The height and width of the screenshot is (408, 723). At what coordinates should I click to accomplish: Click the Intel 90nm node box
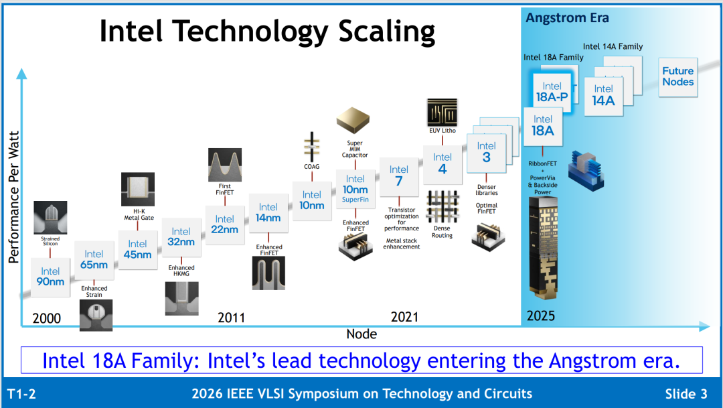[x=50, y=277]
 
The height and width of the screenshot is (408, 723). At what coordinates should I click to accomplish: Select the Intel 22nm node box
[x=224, y=225]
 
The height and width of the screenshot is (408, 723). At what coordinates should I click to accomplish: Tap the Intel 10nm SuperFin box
[x=355, y=189]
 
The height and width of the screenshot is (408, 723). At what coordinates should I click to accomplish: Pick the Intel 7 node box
[x=399, y=176]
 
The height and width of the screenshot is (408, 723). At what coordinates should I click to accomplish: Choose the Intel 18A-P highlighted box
[x=552, y=92]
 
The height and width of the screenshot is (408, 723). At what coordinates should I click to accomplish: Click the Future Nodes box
[x=677, y=77]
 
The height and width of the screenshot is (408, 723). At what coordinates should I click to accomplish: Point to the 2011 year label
[x=231, y=318]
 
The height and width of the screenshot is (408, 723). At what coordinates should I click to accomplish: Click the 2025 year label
[x=541, y=316]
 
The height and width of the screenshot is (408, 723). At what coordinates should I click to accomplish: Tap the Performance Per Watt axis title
[x=14, y=197]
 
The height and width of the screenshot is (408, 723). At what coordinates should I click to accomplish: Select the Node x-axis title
[x=361, y=334]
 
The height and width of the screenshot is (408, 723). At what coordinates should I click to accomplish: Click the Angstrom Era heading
[x=567, y=18]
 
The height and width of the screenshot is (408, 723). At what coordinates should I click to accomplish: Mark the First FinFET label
[x=224, y=189]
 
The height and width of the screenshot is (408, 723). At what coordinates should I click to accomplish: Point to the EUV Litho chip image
[x=443, y=112]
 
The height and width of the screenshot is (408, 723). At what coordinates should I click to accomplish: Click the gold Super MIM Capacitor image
[x=353, y=121]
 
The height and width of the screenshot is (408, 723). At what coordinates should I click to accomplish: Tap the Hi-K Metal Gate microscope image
[x=138, y=189]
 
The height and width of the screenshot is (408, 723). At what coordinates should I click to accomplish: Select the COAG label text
[x=312, y=167]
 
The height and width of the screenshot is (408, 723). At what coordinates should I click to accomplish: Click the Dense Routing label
[x=442, y=232]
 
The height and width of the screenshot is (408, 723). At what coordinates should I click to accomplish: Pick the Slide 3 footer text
[x=686, y=394]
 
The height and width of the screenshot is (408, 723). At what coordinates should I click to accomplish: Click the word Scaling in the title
[x=386, y=32]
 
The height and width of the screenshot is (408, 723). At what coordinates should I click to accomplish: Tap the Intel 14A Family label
[x=613, y=47]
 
